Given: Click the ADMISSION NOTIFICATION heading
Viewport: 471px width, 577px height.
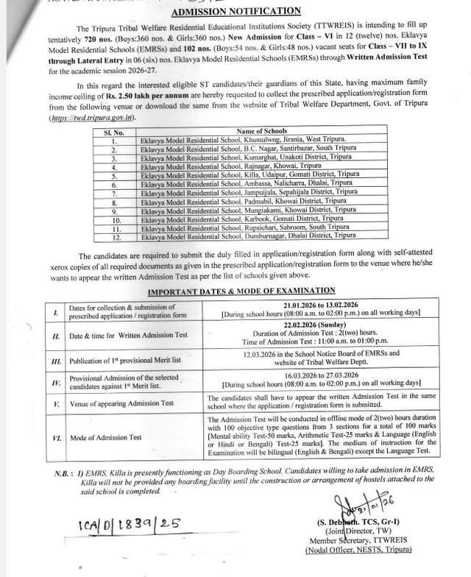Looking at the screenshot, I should [x=235, y=11].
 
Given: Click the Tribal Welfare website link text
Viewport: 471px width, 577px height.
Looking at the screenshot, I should [x=93, y=118].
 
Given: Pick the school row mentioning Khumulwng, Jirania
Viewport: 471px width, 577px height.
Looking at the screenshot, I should [x=243, y=140].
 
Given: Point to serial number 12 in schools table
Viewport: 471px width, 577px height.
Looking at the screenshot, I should [x=116, y=236].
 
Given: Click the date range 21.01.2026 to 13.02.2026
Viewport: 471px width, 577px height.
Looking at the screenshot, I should [x=321, y=305].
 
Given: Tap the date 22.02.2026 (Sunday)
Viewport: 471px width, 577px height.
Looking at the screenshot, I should [x=321, y=325].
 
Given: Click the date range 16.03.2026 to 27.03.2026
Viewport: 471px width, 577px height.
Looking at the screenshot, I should [x=321, y=375].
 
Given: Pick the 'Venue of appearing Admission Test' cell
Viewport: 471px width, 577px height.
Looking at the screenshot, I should [x=121, y=403].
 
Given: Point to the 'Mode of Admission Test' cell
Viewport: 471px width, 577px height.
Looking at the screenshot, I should [x=105, y=438].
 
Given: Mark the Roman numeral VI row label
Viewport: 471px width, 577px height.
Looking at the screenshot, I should [x=56, y=438].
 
